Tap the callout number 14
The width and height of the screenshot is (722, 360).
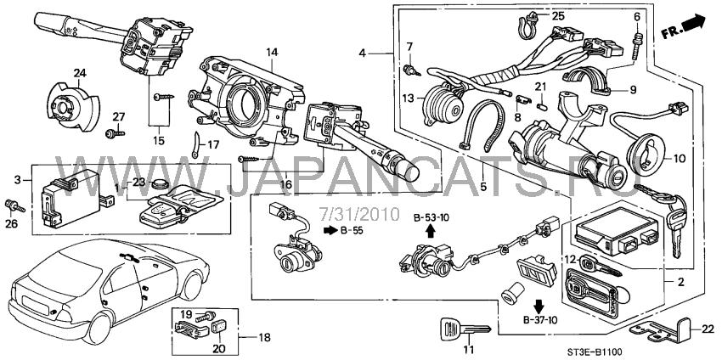pyautogui.click(x=272, y=53)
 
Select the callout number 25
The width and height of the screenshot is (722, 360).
pyautogui.click(x=557, y=16)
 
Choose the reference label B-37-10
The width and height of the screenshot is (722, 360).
pyautogui.click(x=541, y=321)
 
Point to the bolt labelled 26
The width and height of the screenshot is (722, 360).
pyautogui.click(x=13, y=205)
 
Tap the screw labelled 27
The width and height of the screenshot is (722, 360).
pyautogui.click(x=111, y=133)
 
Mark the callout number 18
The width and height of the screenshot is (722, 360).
pyautogui.click(x=264, y=338)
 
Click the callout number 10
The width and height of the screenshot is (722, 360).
pyautogui.click(x=678, y=158)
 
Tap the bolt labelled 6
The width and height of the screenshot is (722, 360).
pyautogui.click(x=636, y=42)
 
